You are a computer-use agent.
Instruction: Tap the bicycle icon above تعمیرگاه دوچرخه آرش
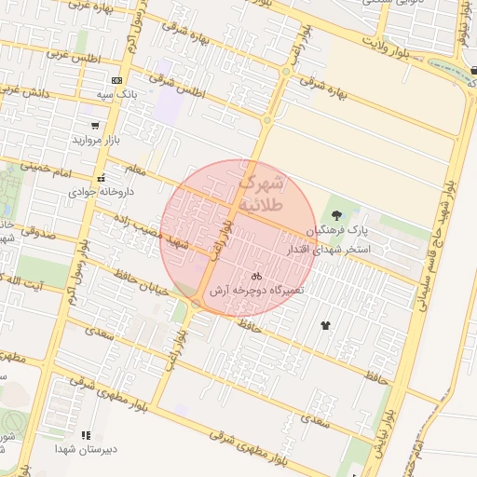tap(256, 276)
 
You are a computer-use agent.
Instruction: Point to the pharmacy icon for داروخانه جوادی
tap(101, 178)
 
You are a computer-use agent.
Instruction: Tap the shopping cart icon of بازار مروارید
tap(95, 126)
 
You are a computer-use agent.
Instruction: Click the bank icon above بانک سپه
tap(116, 81)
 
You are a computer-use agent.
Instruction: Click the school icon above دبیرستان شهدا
tap(86, 434)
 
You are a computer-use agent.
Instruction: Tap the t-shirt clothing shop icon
tap(325, 325)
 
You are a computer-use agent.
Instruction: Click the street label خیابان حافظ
tap(141, 282)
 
